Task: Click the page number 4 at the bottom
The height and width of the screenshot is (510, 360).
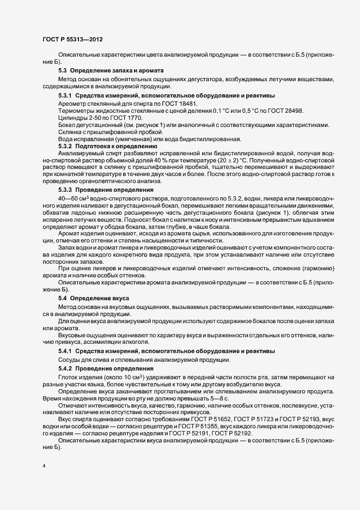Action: tap(44, 467)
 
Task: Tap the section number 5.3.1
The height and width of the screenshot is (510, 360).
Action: tap(65, 95)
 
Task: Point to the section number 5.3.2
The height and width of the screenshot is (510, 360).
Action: tap(65, 146)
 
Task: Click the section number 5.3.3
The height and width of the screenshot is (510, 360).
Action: tap(65, 190)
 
